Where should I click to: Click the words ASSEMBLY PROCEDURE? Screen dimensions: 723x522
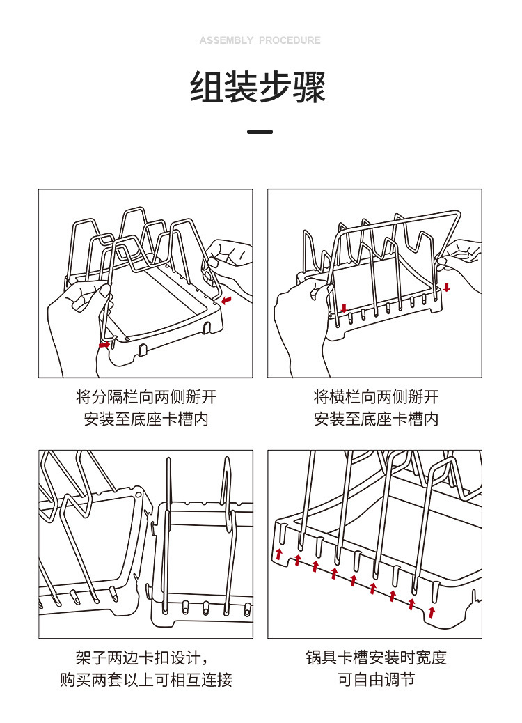pos(260,40)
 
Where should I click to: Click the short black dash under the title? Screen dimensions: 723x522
pos(260,132)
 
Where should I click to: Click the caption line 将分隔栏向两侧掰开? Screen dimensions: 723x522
pos(146,398)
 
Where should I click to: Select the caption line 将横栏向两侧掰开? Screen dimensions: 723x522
pos(376,398)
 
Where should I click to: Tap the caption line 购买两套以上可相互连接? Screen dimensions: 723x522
pos(146,680)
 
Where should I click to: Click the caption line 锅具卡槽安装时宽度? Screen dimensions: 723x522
pos(376,658)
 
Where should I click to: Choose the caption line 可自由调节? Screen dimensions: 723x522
pos(376,680)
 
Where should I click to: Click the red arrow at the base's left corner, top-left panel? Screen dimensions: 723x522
pos(104,343)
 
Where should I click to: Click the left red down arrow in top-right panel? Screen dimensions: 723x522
pos(343,308)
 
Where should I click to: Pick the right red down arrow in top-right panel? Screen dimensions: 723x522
pos(447,287)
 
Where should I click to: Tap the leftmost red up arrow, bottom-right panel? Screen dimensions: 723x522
pos(279,554)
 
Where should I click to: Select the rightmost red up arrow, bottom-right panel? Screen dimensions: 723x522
pos(432,612)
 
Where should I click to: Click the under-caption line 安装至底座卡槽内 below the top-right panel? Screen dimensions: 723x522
pos(376,419)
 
